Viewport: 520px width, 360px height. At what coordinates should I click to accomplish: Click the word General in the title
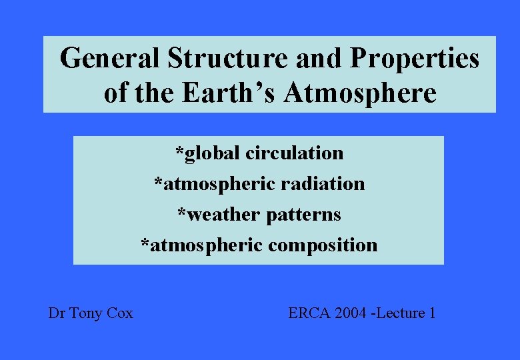pos(109,59)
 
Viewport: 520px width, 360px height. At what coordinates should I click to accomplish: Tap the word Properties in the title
pos(415,59)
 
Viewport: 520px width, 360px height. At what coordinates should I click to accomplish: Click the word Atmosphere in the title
pos(361,93)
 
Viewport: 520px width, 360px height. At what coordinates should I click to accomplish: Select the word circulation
pos(295,153)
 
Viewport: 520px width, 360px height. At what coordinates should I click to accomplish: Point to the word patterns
pos(303,215)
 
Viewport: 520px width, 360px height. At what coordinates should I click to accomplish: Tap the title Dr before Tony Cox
pos(56,313)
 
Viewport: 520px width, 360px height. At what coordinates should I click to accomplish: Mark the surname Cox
pos(120,313)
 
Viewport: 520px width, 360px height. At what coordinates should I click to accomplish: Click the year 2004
pos(349,313)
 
